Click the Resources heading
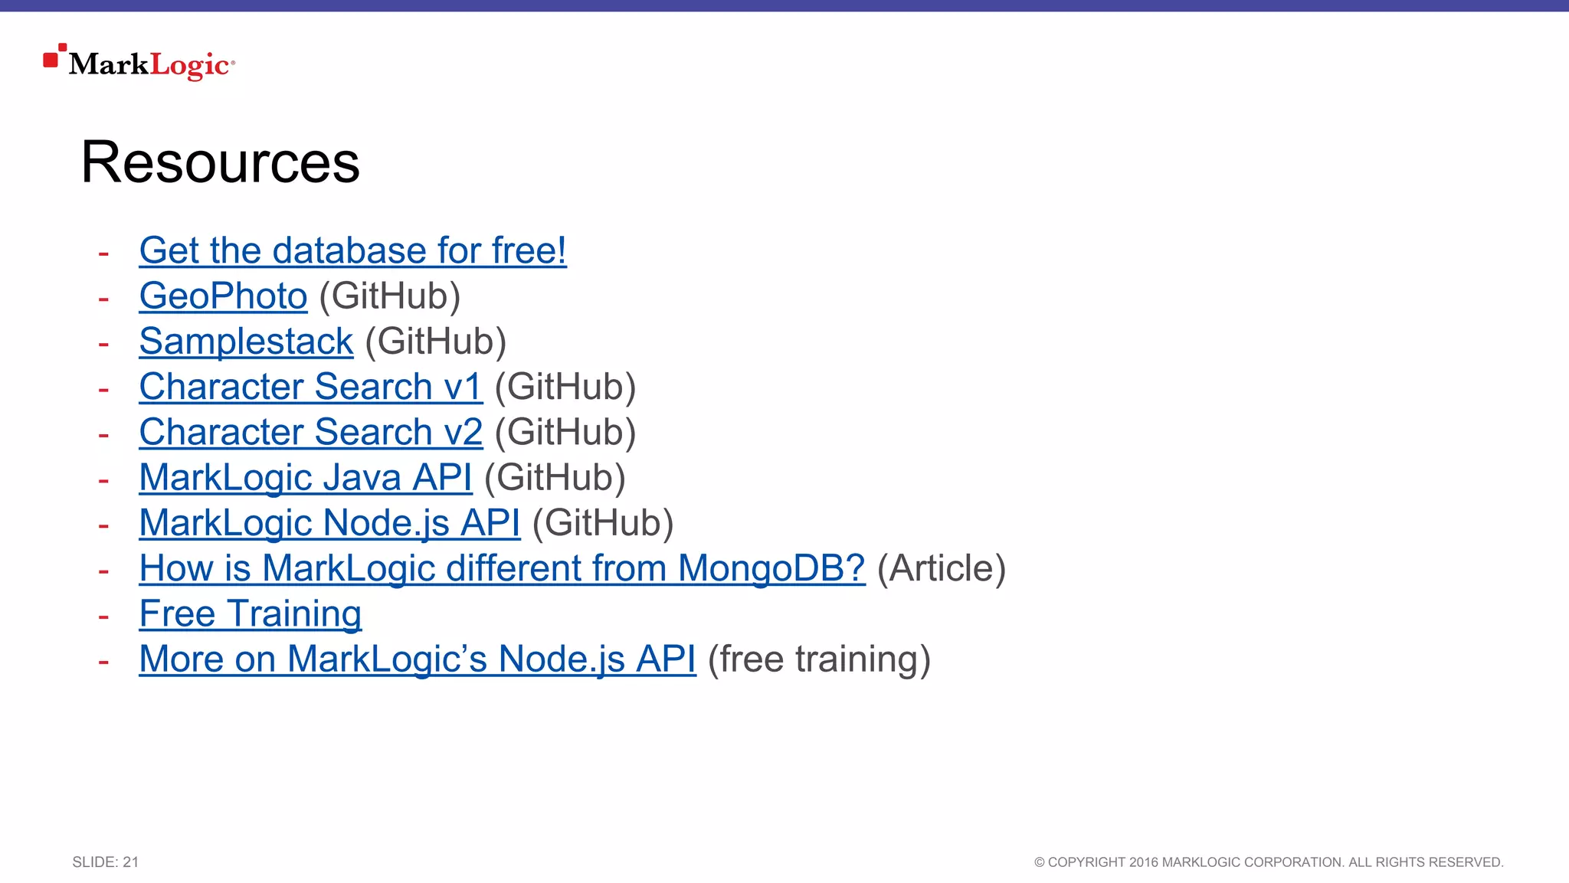coord(220,162)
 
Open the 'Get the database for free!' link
coord(352,251)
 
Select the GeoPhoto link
coord(223,296)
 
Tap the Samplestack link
coord(246,342)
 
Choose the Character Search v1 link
coord(310,387)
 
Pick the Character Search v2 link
coord(310,432)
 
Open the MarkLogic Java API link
coord(305,478)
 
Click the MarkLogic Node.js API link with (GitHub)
coord(329,523)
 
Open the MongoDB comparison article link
coord(502,568)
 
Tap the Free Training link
coord(250,614)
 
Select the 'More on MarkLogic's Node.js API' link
coord(418,659)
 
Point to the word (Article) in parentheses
coord(941,568)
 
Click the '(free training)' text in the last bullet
coord(819,659)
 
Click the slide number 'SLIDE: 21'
coord(106,862)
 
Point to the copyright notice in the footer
coord(1269,862)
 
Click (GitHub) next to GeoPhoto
coord(389,296)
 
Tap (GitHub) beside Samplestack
coord(435,342)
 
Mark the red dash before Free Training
coord(103,616)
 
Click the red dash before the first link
coord(103,253)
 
